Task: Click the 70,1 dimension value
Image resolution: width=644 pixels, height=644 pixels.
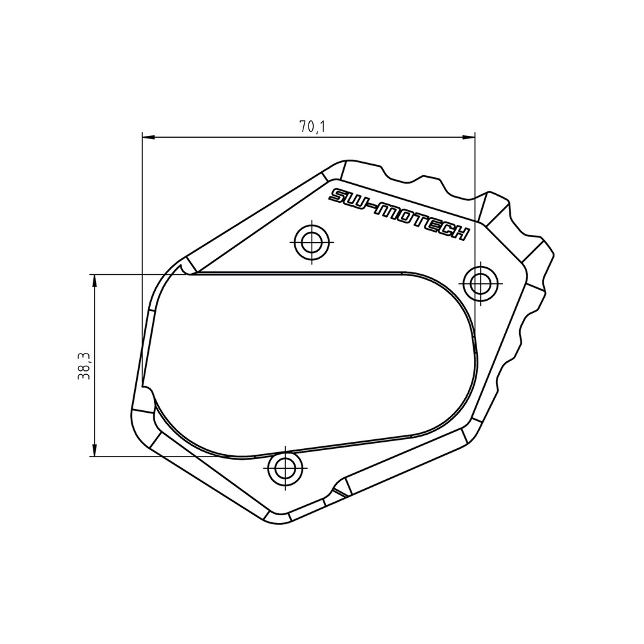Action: pyautogui.click(x=312, y=127)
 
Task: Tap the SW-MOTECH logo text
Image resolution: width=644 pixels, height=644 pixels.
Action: pyautogui.click(x=399, y=214)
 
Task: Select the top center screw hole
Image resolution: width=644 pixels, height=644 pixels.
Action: pyautogui.click(x=312, y=242)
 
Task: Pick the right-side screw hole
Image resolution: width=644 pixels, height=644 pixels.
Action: pyautogui.click(x=480, y=283)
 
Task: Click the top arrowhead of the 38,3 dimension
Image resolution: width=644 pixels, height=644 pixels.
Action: pyautogui.click(x=95, y=279)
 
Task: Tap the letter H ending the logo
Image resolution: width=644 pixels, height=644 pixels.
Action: pyautogui.click(x=460, y=234)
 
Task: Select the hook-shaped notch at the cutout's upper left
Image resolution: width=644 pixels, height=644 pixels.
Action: pyautogui.click(x=185, y=269)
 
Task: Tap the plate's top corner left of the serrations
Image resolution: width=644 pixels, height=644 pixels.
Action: pyautogui.click(x=346, y=162)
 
